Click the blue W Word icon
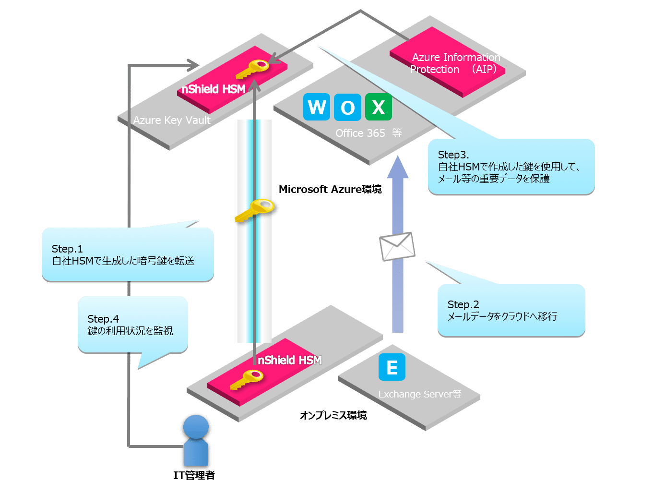[x=317, y=107]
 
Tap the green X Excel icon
[x=379, y=107]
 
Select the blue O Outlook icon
[x=347, y=107]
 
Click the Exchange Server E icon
[x=392, y=367]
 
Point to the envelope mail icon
[x=397, y=246]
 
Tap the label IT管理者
[x=194, y=475]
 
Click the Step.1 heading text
[x=67, y=249]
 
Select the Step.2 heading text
[x=463, y=304]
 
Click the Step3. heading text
[x=453, y=155]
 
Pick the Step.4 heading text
[x=103, y=319]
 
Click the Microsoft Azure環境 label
[x=330, y=189]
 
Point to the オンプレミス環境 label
[x=333, y=415]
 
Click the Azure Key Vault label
[x=172, y=120]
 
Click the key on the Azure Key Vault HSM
[x=253, y=69]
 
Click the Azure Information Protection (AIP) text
[x=455, y=63]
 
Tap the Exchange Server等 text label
[x=420, y=394]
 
